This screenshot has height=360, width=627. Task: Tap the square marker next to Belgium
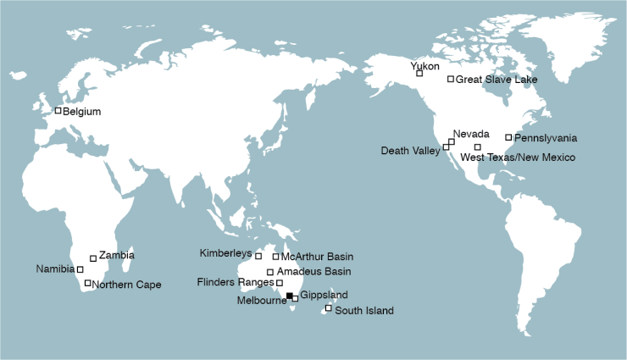(58, 110)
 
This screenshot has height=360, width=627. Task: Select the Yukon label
(424, 65)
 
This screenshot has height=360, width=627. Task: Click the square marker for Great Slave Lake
(451, 80)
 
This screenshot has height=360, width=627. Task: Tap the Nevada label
(470, 135)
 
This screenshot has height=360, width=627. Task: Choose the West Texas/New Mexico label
(518, 158)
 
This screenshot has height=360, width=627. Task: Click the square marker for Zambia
(93, 258)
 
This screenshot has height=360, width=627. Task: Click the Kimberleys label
(225, 253)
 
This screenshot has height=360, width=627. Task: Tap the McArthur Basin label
(317, 257)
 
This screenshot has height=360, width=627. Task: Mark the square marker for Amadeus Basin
(270, 272)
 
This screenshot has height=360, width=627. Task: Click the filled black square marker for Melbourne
(289, 295)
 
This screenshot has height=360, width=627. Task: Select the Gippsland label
(325, 295)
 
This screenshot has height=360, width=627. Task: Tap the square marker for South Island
(329, 307)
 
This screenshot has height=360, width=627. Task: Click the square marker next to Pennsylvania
(508, 137)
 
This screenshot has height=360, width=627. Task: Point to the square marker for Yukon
(419, 73)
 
